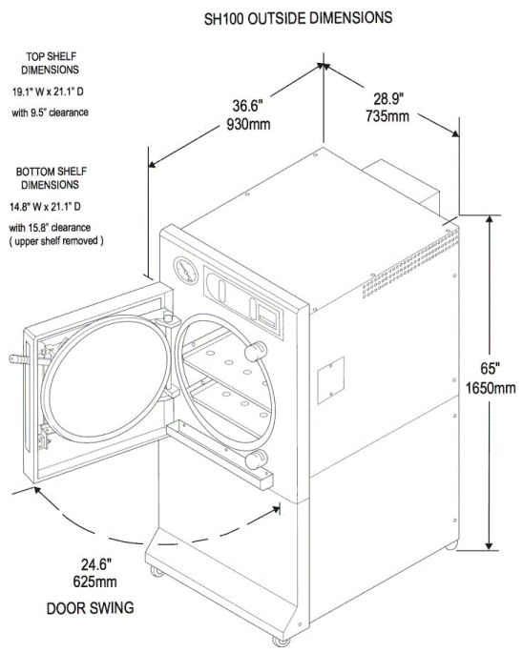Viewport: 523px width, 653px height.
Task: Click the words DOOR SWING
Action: click(x=92, y=606)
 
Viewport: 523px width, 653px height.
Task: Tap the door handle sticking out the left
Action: click(x=16, y=361)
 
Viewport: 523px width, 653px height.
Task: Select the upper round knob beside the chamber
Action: click(x=253, y=353)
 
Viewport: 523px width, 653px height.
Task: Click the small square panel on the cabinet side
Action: click(x=330, y=375)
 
